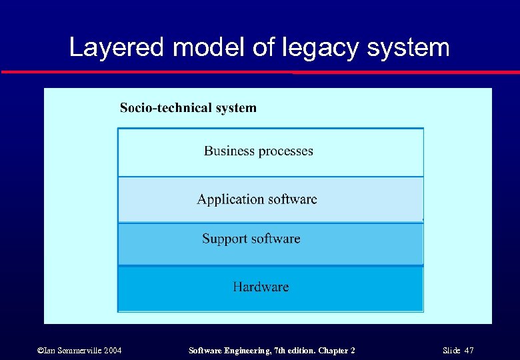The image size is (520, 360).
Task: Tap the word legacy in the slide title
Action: coord(314,48)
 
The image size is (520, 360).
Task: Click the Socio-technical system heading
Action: coord(188,108)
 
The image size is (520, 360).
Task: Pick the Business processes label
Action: coord(258,151)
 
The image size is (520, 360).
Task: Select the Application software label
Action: coord(257,199)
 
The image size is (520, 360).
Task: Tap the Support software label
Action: coord(251,239)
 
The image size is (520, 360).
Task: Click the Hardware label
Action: coord(261,287)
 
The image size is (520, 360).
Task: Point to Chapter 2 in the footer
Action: coord(336,350)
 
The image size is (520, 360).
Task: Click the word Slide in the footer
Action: coord(452,350)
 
